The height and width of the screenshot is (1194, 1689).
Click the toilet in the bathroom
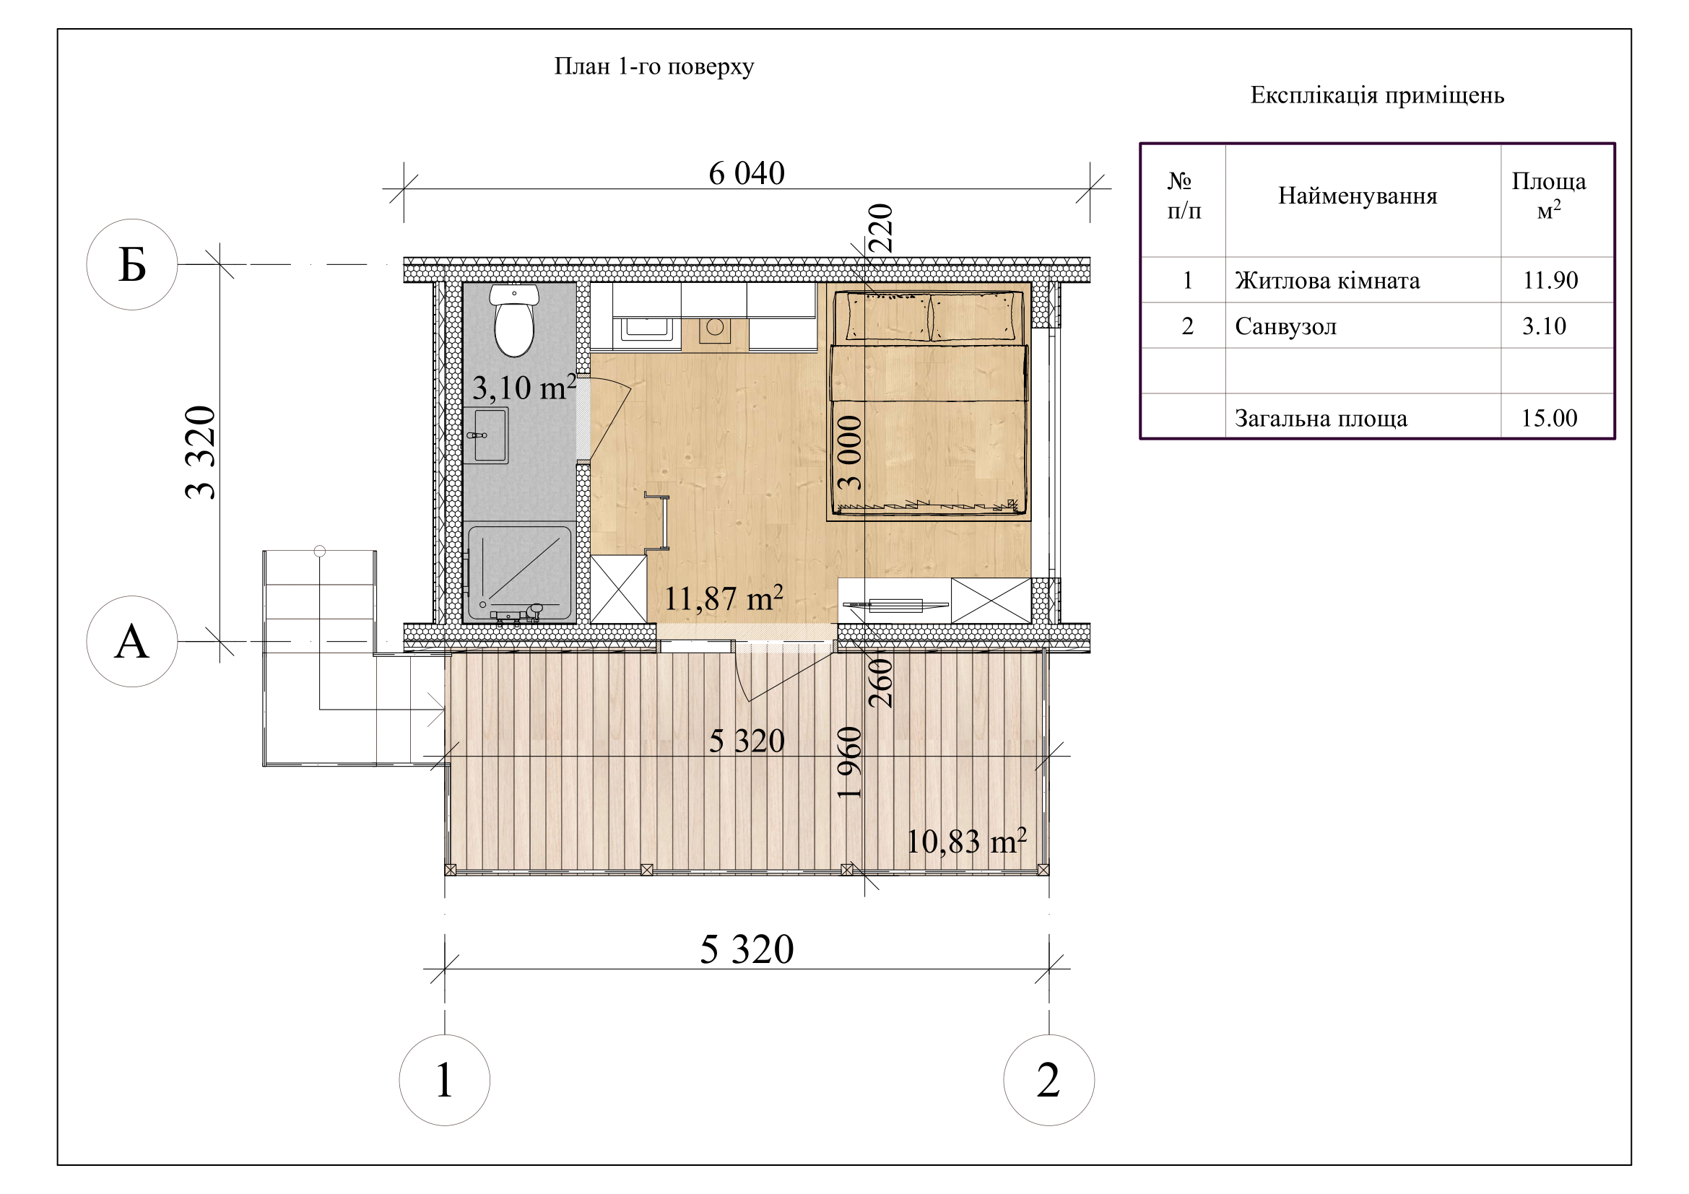[x=514, y=321]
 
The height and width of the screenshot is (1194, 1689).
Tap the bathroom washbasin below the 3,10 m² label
[x=486, y=435]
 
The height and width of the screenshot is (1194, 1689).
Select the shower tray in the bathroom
[x=518, y=572]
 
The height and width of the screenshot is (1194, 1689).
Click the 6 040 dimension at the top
[x=747, y=173]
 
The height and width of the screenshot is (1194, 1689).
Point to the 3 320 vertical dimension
[x=201, y=453]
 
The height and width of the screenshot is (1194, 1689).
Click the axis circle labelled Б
[x=132, y=265]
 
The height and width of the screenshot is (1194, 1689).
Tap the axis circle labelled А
[x=132, y=642]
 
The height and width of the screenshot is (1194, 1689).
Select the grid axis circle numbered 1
[x=444, y=1080]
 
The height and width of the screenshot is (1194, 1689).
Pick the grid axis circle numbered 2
[x=1049, y=1080]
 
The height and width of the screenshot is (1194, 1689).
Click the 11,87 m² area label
[x=723, y=598]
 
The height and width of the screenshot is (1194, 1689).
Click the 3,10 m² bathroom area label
[x=524, y=388]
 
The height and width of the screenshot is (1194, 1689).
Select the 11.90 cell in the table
[x=1550, y=280]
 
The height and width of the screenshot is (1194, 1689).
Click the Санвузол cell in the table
[x=1286, y=326]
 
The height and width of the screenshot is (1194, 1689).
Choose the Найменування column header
[x=1358, y=196]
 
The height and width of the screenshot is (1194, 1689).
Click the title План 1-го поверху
[x=654, y=67]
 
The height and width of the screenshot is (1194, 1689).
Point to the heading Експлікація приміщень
[x=1377, y=95]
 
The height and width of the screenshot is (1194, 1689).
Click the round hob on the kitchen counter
[x=715, y=327]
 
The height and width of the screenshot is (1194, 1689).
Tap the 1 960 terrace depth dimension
[x=850, y=762]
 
